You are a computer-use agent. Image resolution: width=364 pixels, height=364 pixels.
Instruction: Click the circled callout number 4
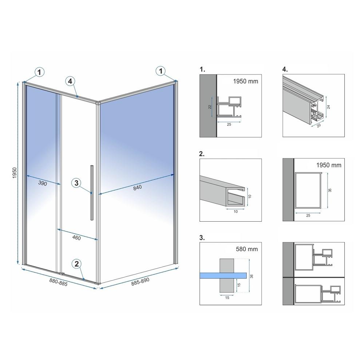(x=70, y=81)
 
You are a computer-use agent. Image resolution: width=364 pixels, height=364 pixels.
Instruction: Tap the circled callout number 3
(x=76, y=183)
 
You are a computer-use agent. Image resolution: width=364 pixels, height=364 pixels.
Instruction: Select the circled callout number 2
(x=77, y=264)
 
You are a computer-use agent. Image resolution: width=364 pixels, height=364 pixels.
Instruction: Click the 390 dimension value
(x=43, y=183)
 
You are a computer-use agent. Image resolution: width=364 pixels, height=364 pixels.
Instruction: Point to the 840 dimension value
(x=138, y=187)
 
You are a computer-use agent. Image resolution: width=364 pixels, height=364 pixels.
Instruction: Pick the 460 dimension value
(x=76, y=238)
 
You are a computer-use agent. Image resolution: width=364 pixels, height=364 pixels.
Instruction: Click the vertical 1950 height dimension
(x=15, y=173)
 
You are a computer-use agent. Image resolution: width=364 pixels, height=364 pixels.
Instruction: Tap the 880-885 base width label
(x=58, y=282)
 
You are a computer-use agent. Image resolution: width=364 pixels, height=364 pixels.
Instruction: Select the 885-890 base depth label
(x=140, y=282)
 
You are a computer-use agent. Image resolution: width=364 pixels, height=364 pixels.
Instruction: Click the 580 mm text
(x=247, y=249)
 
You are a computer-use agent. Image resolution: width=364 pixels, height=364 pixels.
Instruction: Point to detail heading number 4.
(x=285, y=69)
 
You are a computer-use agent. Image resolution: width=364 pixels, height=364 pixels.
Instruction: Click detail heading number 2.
(x=202, y=154)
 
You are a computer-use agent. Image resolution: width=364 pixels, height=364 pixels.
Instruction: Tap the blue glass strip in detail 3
(x=223, y=275)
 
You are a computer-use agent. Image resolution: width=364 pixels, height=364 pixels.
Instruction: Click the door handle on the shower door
(x=92, y=193)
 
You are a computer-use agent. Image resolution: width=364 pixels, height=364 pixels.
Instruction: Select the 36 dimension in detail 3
(x=252, y=276)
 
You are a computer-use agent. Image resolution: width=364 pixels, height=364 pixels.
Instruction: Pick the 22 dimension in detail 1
(x=210, y=107)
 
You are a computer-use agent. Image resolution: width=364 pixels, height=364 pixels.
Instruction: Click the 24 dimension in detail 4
(x=328, y=107)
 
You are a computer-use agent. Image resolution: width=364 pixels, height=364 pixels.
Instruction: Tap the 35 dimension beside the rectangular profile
(x=330, y=190)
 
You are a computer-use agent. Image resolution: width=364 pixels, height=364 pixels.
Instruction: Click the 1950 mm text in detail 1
(x=246, y=81)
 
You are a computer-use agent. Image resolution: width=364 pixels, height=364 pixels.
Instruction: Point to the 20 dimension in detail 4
(x=319, y=125)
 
